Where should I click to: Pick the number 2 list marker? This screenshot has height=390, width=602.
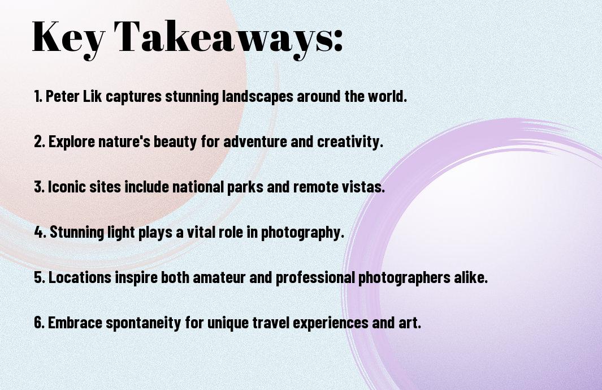[x=39, y=142]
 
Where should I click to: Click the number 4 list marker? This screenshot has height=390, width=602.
[x=40, y=232]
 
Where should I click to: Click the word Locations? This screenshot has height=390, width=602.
[x=80, y=277]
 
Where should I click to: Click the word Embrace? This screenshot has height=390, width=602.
[x=75, y=322]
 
